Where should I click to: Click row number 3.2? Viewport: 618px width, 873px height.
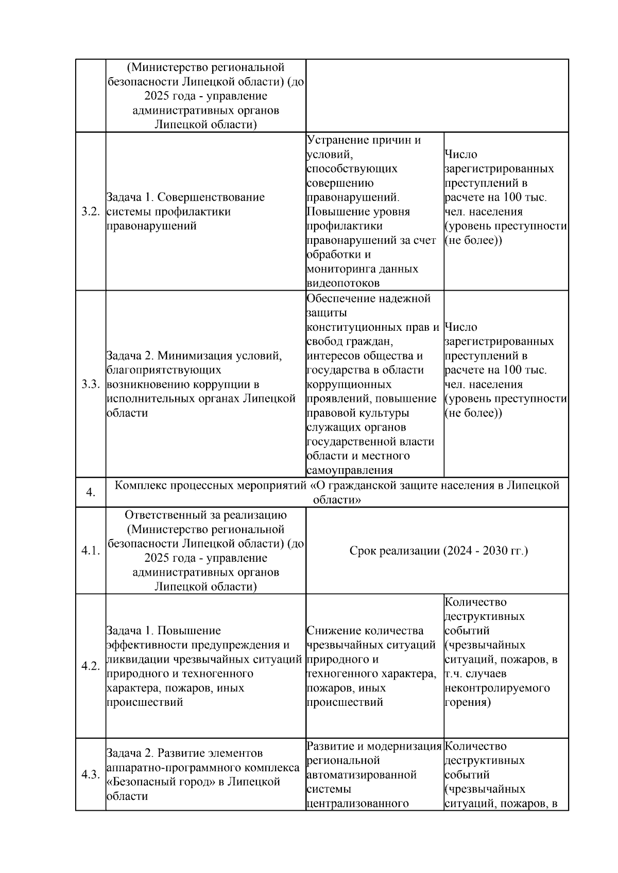[x=90, y=212]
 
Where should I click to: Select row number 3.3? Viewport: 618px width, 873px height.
[x=90, y=384]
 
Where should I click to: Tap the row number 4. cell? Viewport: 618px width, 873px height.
[x=90, y=492]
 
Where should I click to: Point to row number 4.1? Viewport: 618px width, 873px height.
[x=90, y=551]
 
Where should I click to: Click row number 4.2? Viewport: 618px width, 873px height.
[x=90, y=666]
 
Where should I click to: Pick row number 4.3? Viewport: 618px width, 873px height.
[x=90, y=774]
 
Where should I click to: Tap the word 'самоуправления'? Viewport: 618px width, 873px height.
[x=350, y=470]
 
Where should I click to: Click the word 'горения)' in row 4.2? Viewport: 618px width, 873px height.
[x=467, y=702]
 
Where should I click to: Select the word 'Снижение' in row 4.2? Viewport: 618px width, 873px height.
[x=333, y=631]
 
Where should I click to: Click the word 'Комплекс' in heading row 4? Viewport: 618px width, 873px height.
[x=138, y=485]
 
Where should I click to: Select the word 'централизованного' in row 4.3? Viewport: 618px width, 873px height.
[x=357, y=804]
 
